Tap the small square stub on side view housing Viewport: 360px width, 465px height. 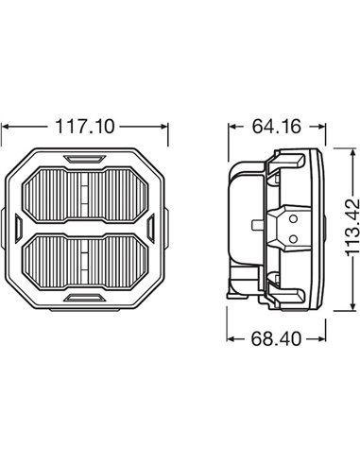pyautogui.click(x=257, y=225)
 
